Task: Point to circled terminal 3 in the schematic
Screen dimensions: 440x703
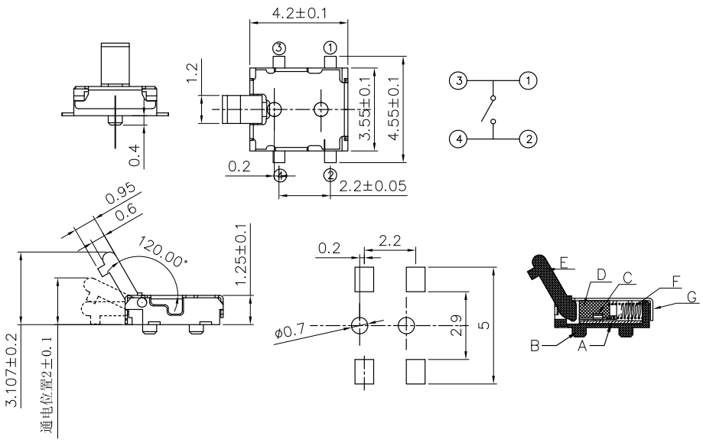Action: (x=457, y=80)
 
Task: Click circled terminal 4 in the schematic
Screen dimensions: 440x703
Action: (x=457, y=139)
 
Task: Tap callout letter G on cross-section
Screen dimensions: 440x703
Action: (x=692, y=297)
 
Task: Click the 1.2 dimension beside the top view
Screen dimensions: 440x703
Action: (x=192, y=76)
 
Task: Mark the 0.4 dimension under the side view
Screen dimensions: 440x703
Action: (x=135, y=155)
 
